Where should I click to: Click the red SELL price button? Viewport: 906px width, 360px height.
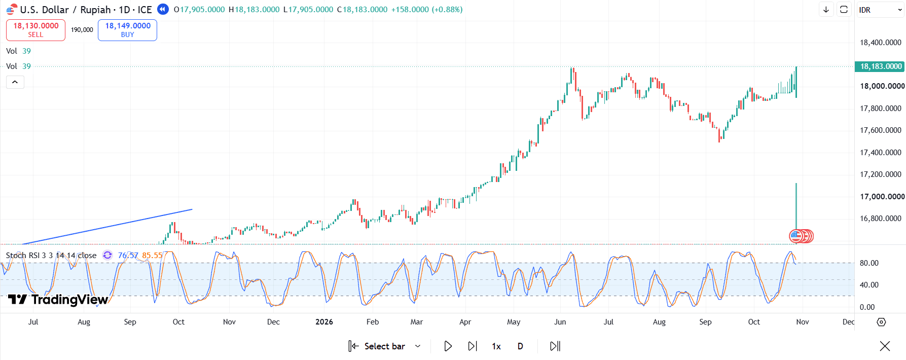pos(35,30)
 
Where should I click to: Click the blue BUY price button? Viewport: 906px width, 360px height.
pos(127,30)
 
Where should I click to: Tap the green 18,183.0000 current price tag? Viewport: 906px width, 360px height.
pos(881,66)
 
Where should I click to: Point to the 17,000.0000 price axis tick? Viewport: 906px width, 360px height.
pos(882,197)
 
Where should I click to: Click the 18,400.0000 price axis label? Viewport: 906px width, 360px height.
pos(881,43)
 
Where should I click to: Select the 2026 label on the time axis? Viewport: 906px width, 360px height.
pos(324,322)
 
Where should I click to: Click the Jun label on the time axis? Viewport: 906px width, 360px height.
pos(560,322)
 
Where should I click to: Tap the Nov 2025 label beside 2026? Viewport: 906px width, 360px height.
pos(229,322)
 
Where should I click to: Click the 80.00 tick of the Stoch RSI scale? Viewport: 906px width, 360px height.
pos(869,263)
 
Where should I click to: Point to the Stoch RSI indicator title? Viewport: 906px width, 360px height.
pos(51,256)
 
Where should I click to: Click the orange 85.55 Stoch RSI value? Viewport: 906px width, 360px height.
pos(152,256)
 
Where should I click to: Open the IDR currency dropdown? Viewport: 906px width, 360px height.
pos(880,10)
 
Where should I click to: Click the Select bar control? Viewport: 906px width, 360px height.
pos(385,346)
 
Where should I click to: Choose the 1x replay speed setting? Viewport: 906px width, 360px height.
pos(496,346)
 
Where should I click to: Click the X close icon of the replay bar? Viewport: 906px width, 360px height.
pos(885,346)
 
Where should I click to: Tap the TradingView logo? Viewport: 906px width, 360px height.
pos(58,300)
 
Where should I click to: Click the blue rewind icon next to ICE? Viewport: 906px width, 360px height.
pos(163,9)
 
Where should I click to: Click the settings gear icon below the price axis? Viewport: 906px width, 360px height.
pos(881,322)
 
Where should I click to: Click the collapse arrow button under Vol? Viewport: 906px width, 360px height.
pos(15,82)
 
